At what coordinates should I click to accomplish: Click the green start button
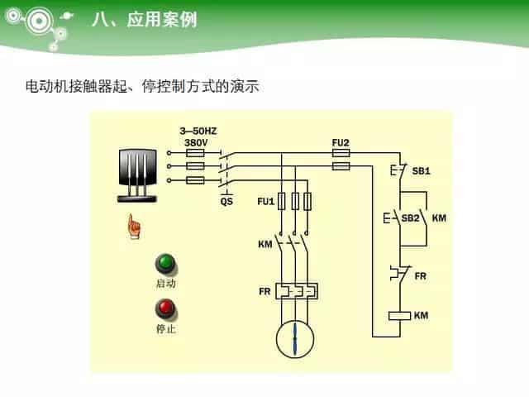coord(166,264)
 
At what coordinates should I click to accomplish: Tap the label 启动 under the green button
coord(166,283)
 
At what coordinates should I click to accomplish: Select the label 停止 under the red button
coord(166,328)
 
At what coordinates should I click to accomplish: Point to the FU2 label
coord(341,142)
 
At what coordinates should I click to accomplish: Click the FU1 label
coord(265,201)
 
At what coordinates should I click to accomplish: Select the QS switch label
coord(226,201)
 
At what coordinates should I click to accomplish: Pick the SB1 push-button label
coord(422,171)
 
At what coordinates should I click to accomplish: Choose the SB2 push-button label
coord(411,218)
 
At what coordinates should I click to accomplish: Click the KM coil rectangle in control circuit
coord(400,315)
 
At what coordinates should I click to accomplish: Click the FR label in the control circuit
coord(420,275)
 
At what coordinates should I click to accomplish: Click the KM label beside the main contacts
coord(264,245)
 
